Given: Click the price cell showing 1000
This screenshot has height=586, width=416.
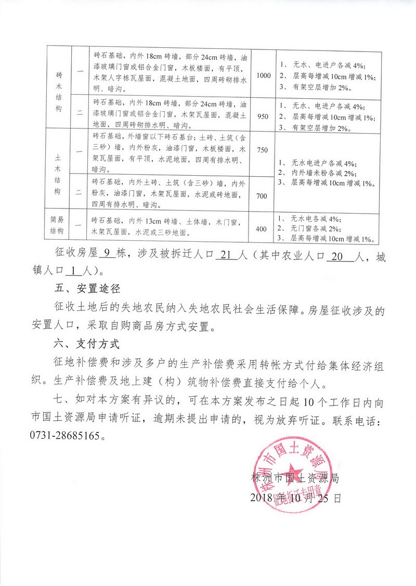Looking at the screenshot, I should tap(264, 75).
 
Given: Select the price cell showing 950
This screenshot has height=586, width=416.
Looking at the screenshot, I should tap(264, 116).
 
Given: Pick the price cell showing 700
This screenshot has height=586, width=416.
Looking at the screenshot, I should tap(263, 195).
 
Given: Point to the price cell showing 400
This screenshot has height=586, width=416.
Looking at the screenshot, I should tap(263, 228).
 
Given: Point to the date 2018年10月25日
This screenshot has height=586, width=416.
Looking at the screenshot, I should tap(296, 497).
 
